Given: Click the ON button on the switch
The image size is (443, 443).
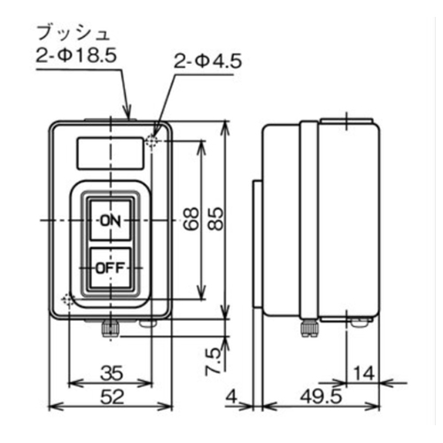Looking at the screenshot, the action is (x=110, y=221).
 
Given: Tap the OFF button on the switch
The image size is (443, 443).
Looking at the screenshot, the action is (x=110, y=268).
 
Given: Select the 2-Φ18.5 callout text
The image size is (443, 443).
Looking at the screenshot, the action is (x=76, y=56).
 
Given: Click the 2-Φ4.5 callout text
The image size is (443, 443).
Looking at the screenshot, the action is (x=207, y=62).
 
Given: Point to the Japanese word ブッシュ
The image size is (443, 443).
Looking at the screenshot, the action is (x=74, y=34).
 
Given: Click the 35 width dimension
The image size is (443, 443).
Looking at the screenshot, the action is (x=112, y=373).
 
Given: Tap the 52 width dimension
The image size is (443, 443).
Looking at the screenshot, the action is (x=112, y=397).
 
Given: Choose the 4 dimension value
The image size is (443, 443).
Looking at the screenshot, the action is (x=231, y=397).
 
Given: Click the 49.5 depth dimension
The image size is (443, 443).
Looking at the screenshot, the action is (x=321, y=396).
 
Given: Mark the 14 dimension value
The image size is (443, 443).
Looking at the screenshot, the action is (x=364, y=373).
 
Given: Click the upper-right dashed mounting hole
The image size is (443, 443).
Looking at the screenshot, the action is (x=152, y=140).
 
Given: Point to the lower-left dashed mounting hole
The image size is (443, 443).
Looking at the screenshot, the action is (x=67, y=299).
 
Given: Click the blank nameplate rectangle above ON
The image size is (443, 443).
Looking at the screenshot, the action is (x=111, y=153).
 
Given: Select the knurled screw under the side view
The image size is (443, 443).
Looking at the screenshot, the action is (x=308, y=329).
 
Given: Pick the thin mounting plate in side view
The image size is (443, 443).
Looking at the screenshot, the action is (x=257, y=244).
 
